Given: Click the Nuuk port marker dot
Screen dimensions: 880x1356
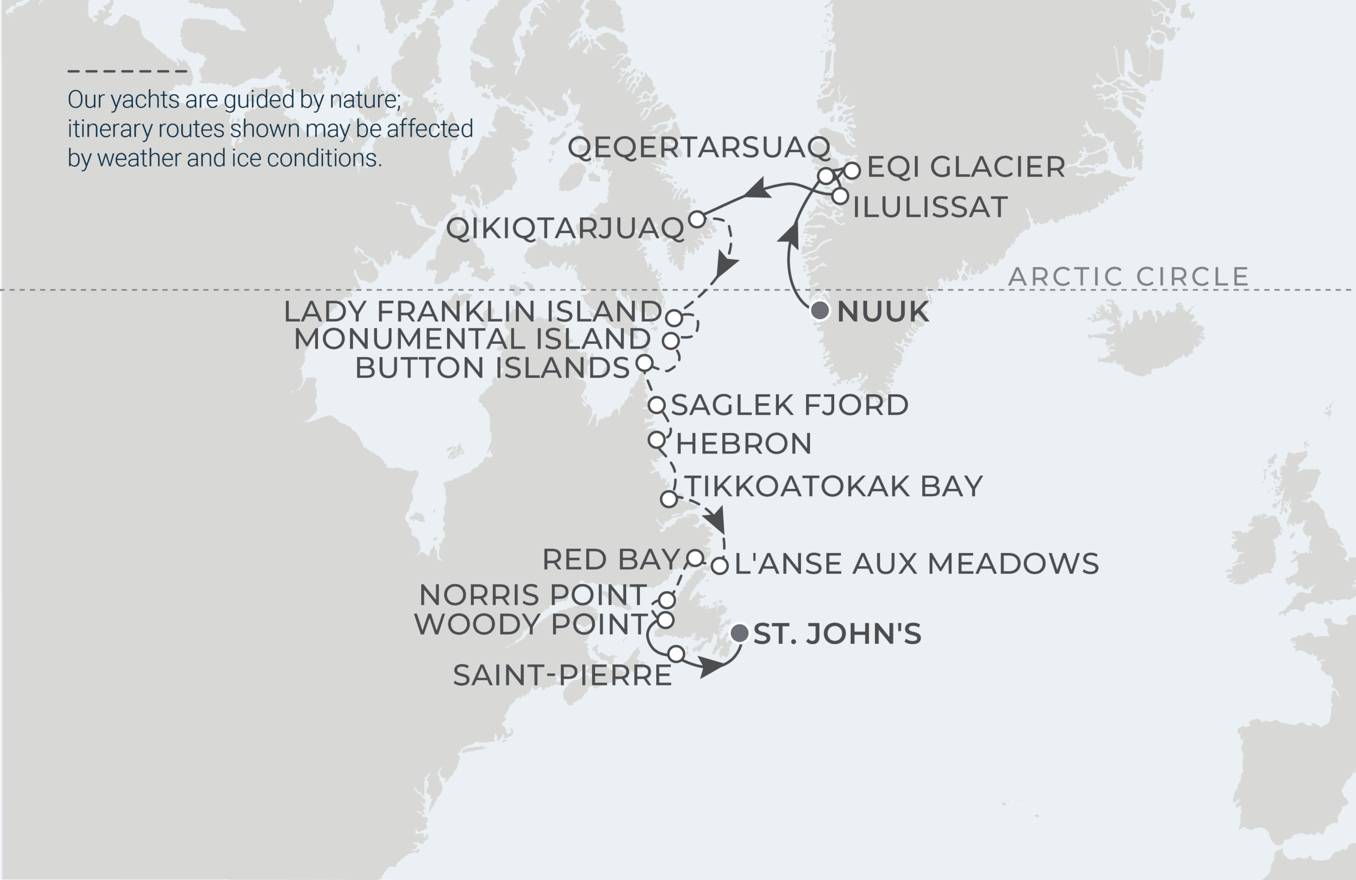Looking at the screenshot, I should tap(820, 310).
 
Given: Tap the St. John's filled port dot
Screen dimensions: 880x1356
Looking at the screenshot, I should tap(739, 633).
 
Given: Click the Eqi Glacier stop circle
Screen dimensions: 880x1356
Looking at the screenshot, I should tap(852, 170).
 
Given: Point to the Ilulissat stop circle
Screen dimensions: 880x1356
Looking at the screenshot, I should tap(840, 197).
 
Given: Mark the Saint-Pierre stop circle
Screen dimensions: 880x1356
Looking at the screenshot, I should tap(676, 654).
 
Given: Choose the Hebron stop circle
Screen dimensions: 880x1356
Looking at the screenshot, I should tap(656, 440).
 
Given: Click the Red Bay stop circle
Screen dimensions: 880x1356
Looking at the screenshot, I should tap(695, 557).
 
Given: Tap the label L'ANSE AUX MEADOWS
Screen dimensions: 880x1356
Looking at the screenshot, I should tap(916, 564).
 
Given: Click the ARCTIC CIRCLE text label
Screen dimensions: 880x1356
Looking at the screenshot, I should tap(1128, 277).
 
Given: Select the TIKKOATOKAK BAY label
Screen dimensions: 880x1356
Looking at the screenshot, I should tap(834, 486).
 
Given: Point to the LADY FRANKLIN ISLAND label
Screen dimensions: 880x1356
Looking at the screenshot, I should tap(473, 312).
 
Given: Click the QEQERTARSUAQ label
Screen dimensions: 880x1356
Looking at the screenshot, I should tap(699, 148).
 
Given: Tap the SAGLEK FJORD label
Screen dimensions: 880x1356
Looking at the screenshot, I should tap(789, 405).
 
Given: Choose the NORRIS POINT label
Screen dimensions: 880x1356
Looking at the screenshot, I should tap(533, 595).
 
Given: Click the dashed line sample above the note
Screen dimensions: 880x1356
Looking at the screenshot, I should tap(127, 71).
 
